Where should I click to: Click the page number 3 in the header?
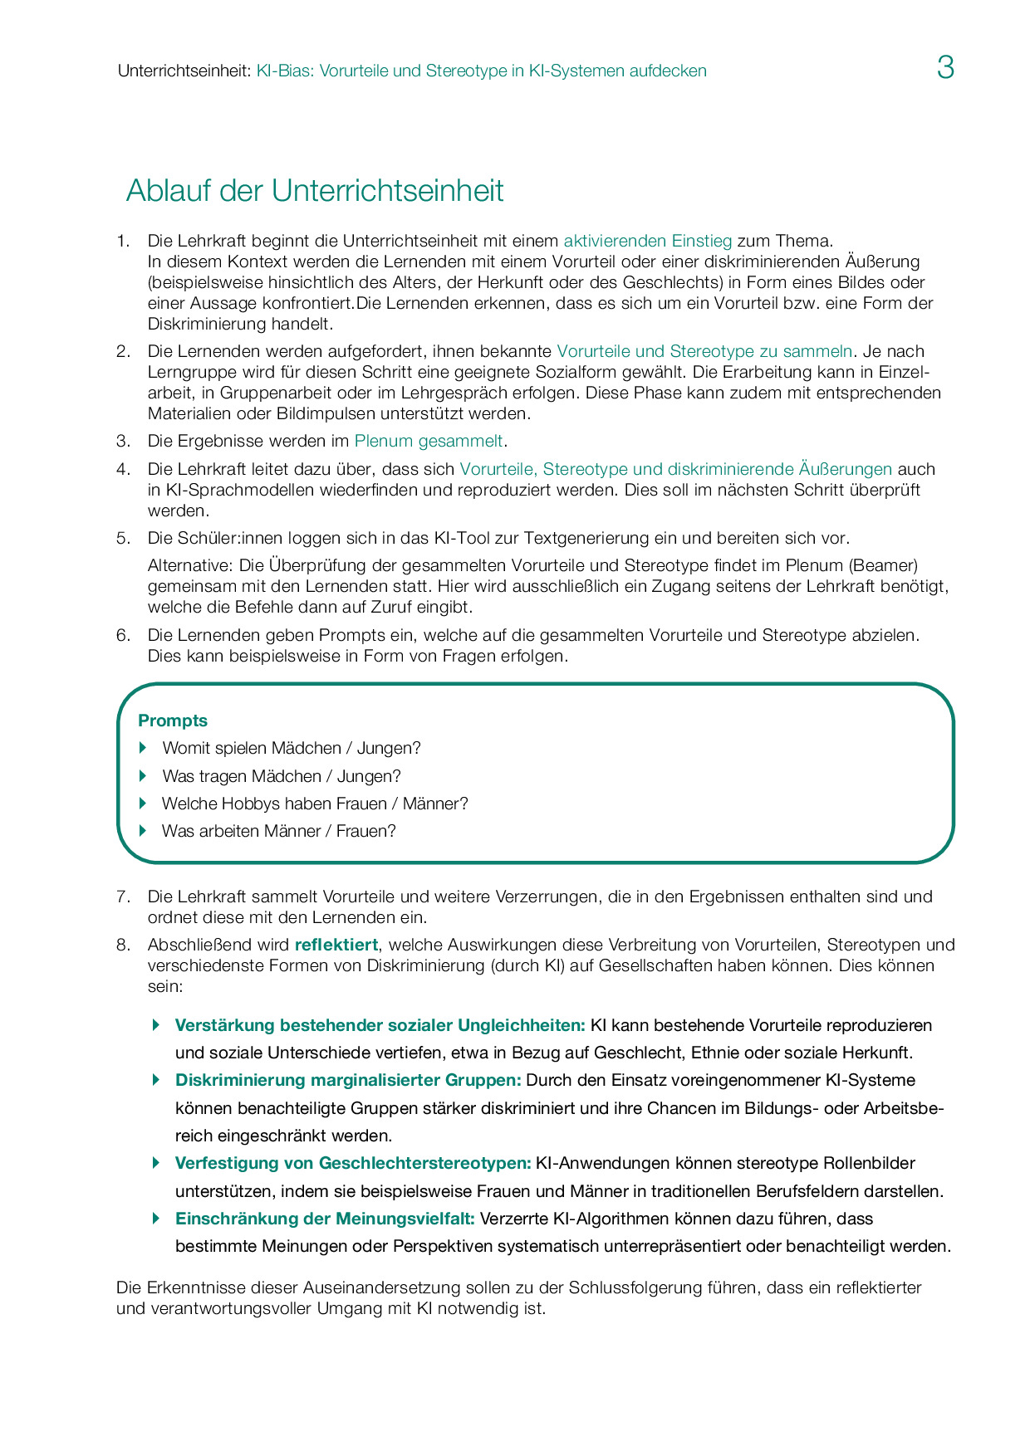click(x=945, y=67)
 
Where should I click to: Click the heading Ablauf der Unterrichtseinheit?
click(x=315, y=191)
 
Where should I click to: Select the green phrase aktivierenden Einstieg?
click(x=647, y=241)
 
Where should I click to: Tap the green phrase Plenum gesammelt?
click(x=428, y=441)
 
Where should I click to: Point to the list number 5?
click(x=123, y=538)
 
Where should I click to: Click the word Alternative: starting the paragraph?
click(x=191, y=565)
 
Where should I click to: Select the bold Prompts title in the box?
click(x=173, y=721)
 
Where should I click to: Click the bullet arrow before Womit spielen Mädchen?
click(x=143, y=748)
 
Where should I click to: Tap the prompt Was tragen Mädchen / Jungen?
click(x=282, y=776)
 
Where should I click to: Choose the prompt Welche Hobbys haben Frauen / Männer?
click(x=315, y=804)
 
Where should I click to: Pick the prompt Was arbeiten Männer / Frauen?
click(x=278, y=831)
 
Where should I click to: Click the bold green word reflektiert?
click(x=336, y=945)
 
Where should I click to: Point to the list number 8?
click(x=123, y=945)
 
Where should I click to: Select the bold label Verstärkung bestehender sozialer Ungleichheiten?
click(x=380, y=1025)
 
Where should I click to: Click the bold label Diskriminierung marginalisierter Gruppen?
click(x=348, y=1080)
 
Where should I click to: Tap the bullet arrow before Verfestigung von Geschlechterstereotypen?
click(x=156, y=1163)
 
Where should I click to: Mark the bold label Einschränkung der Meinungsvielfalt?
click(x=325, y=1219)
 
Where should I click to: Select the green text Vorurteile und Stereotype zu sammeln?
click(x=704, y=351)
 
